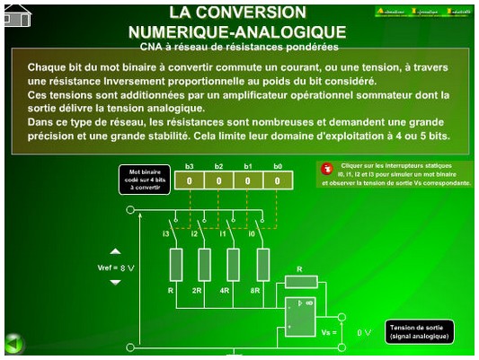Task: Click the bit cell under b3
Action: (x=190, y=180)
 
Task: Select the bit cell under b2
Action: (x=218, y=180)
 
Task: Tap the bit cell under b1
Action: (x=248, y=180)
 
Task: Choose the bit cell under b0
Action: (x=278, y=180)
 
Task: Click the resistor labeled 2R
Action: (x=204, y=265)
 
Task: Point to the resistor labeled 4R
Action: (x=233, y=265)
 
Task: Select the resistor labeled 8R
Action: (x=262, y=265)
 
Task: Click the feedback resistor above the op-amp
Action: (x=299, y=280)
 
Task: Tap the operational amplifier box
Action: (x=299, y=316)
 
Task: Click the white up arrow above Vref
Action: (x=115, y=252)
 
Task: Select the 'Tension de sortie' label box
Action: (x=417, y=332)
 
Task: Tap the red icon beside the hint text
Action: (x=328, y=168)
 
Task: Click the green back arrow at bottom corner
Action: (x=13, y=343)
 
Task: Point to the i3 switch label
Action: (x=167, y=233)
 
